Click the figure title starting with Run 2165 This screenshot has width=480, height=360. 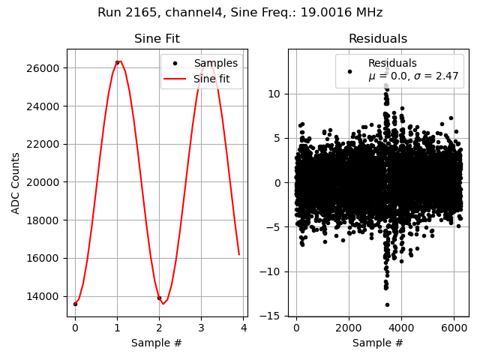[x=240, y=13]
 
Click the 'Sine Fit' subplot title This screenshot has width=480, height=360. [x=157, y=39]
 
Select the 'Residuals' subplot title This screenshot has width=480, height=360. [x=378, y=39]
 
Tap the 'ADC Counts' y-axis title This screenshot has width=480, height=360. [x=16, y=182]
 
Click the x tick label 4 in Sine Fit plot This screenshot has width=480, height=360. [x=243, y=328]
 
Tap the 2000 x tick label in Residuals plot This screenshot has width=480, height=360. [x=348, y=328]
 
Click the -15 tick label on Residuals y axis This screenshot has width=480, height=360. [x=271, y=316]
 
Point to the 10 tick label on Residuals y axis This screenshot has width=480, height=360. [x=274, y=94]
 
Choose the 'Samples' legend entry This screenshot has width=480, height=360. [x=215, y=64]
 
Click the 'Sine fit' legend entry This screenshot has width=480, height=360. [x=215, y=78]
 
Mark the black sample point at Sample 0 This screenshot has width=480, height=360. [x=75, y=304]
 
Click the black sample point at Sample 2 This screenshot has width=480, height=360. [x=159, y=298]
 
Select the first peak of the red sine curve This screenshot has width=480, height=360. [x=118, y=61]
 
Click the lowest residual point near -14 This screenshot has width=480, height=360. [x=387, y=304]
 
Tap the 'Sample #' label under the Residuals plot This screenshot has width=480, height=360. [x=378, y=343]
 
